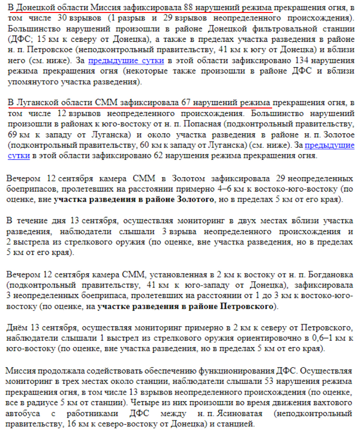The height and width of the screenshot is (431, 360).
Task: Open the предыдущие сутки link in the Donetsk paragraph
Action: [126, 61]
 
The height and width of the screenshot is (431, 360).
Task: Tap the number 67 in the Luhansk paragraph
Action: [187, 103]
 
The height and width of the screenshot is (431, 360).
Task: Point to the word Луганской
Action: [40, 103]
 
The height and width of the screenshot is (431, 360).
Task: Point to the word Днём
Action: [17, 328]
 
